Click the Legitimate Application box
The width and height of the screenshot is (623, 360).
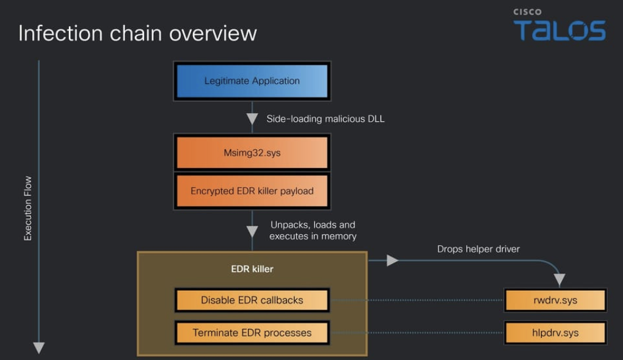[252, 81]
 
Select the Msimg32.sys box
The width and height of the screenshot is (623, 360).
[252, 153]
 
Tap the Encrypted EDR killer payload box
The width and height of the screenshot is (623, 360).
[252, 191]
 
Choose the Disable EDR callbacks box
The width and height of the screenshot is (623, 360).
[252, 300]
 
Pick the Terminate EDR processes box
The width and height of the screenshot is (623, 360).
[252, 332]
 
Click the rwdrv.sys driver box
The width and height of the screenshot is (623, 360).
[555, 300]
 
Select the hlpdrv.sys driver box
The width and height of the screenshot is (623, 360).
[555, 332]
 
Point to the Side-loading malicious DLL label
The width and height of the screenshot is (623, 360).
[326, 119]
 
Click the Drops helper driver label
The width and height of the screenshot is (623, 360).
[478, 249]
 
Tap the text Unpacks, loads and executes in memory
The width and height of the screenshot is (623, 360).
[313, 230]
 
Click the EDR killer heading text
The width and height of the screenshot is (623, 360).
[252, 268]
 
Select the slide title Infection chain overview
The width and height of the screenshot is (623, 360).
[137, 33]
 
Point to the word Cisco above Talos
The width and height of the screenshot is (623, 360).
[526, 12]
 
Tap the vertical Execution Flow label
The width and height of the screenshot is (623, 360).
[28, 208]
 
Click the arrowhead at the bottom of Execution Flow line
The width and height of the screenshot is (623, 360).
[38, 347]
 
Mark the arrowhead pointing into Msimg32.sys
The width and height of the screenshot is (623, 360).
[252, 119]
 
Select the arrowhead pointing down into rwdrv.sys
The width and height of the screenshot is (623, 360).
[559, 280]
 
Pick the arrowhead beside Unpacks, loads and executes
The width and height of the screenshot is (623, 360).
[252, 232]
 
